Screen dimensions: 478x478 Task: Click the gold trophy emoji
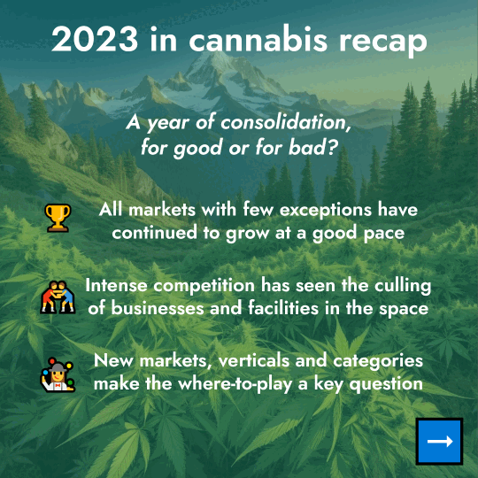click(x=58, y=217)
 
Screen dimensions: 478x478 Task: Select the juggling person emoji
click(x=58, y=375)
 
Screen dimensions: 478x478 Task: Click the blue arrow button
click(x=439, y=441)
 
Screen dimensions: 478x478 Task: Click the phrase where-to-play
click(x=232, y=384)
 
